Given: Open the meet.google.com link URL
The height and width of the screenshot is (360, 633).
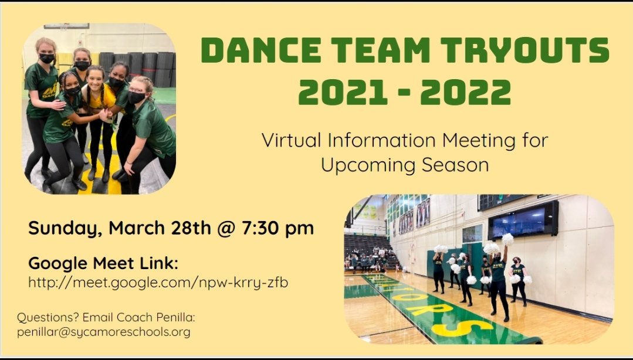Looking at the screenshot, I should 158,283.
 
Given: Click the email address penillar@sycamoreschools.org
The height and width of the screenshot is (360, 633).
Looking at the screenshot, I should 103,332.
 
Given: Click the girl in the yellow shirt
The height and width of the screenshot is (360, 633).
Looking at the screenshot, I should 98,117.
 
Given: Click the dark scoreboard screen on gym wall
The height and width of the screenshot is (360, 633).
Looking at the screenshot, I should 523,220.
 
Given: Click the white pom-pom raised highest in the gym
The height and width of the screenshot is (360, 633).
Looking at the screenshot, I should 507,239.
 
